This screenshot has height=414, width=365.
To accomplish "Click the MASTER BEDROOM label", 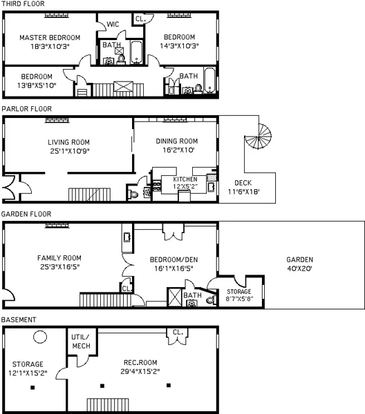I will pyautogui.click(x=49, y=37).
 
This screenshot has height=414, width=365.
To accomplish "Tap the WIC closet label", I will pyautogui.click(x=113, y=24).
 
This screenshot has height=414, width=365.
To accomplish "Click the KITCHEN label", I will pyautogui.click(x=176, y=179).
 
